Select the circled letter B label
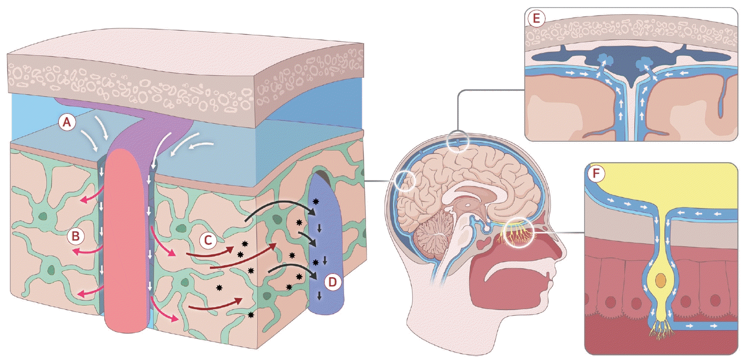(75, 236)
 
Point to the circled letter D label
(332, 282)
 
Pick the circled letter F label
(596, 174)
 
